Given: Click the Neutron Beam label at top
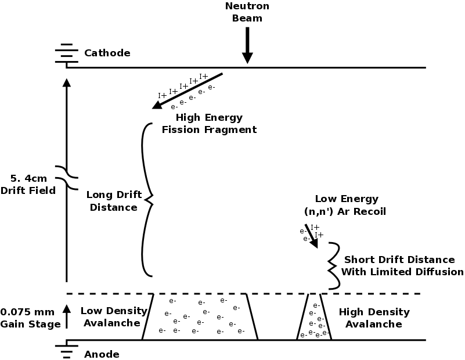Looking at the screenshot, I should point(248,12).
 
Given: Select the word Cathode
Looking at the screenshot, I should point(107,53).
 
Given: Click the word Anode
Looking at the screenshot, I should point(101,354).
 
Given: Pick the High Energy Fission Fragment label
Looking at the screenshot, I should point(208,124).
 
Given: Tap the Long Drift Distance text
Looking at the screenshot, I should point(111,201).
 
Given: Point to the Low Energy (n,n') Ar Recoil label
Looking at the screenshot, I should point(346,205).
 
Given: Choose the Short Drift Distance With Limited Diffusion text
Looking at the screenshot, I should point(402,265).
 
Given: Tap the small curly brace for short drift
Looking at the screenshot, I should point(333,265).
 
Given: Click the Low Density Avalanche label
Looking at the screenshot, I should point(110,318).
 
